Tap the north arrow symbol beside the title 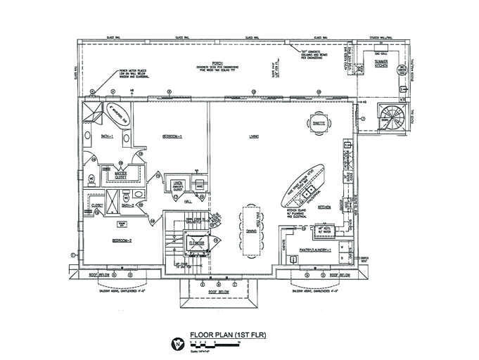point(177,343)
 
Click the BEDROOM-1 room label point(172,136)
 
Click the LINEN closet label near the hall point(178,185)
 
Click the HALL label point(188,201)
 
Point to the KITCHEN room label point(324,207)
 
